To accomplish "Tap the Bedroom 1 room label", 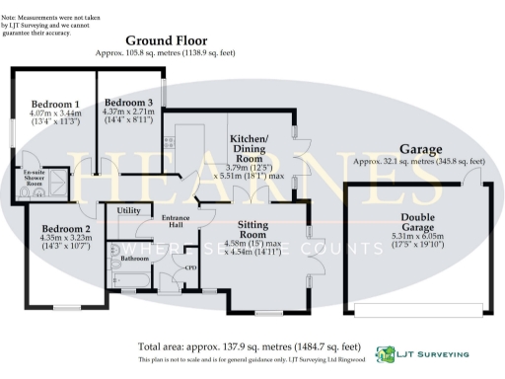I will pyautogui.click(x=55, y=104).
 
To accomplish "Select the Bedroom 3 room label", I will pyautogui.click(x=129, y=104).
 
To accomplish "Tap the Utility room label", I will pyautogui.click(x=129, y=211).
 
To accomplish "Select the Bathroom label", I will pyautogui.click(x=135, y=259).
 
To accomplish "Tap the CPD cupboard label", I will pyautogui.click(x=191, y=267).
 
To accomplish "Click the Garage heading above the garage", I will pyautogui.click(x=420, y=148).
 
